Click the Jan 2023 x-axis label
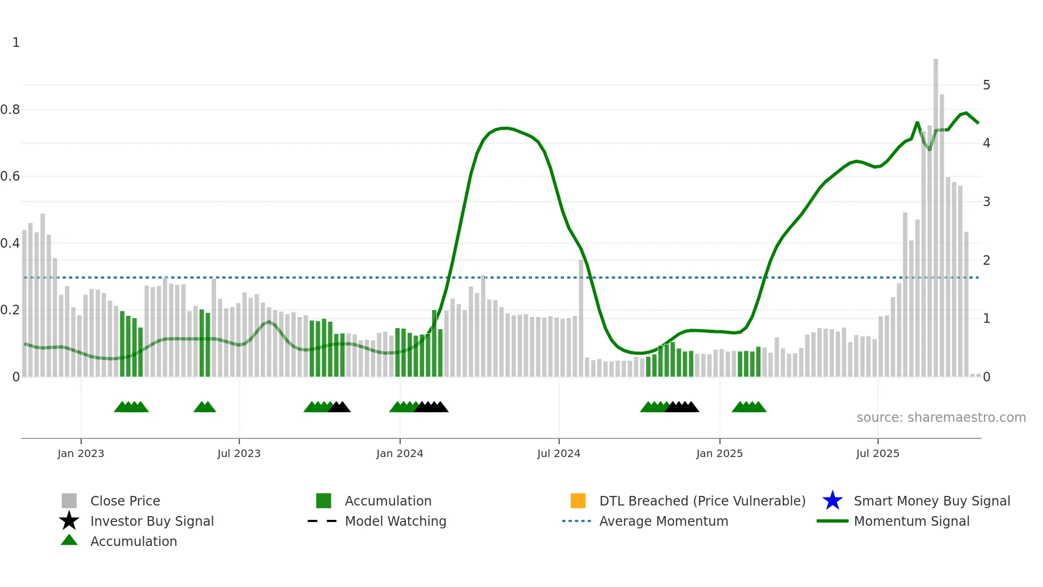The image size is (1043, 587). [x=81, y=454]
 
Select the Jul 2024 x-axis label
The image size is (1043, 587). [x=559, y=454]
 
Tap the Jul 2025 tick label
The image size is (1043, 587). [x=878, y=454]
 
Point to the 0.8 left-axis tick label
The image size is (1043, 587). [x=10, y=110]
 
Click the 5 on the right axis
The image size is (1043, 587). [x=987, y=85]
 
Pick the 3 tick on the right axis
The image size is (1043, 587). [x=987, y=202]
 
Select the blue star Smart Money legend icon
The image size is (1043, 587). [x=832, y=501]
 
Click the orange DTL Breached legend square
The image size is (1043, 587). [x=578, y=501]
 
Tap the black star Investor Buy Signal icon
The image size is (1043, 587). [x=69, y=521]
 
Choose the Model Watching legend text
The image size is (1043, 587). [x=395, y=521]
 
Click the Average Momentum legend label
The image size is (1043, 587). [x=664, y=521]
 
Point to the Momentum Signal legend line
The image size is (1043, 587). [x=832, y=521]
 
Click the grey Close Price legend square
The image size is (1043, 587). [x=69, y=501]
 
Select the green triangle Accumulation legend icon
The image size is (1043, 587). [x=69, y=540]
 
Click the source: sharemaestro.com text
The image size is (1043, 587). [x=941, y=418]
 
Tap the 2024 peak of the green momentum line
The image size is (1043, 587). [x=505, y=128]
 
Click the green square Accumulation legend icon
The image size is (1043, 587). [x=324, y=501]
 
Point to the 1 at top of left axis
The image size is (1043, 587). [x=16, y=43]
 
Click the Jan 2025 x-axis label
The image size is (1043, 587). [x=719, y=454]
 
